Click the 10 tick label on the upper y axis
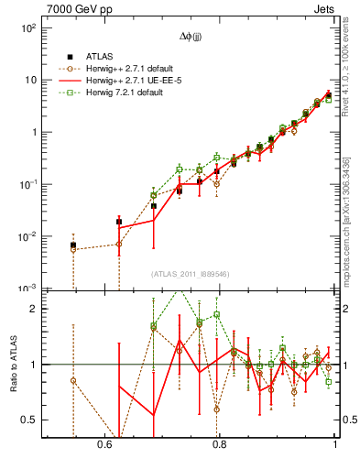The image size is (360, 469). coord(29,80)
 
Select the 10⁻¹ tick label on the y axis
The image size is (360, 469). coord(27,184)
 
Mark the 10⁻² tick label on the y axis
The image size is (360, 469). coord(27,236)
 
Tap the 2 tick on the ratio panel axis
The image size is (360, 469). coord(33,309)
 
